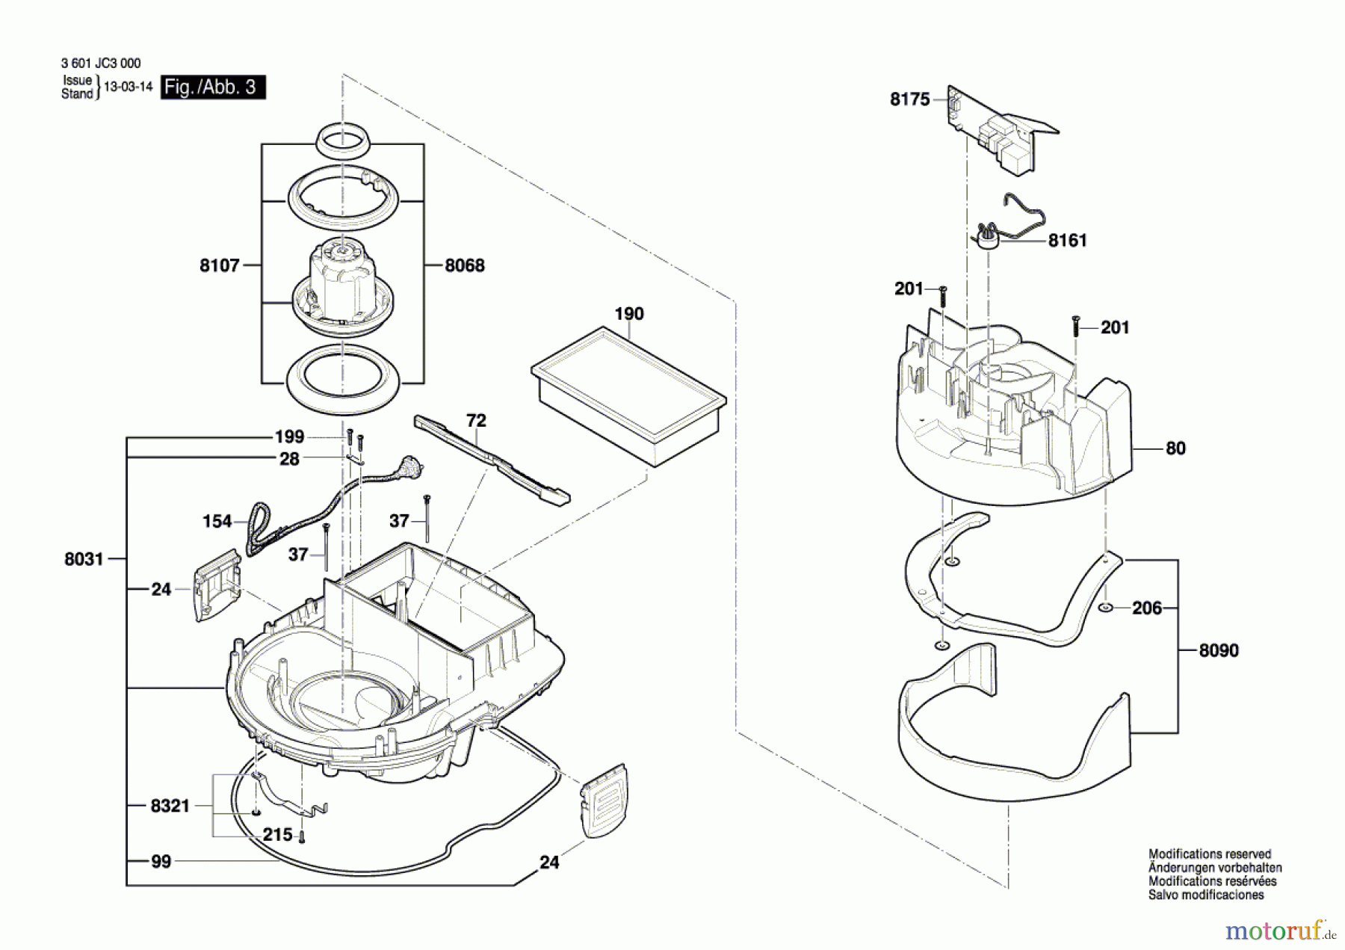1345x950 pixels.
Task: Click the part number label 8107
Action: [219, 265]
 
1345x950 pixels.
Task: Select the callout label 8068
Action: [465, 265]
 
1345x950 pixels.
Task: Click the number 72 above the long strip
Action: [476, 421]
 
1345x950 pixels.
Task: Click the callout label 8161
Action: [1067, 241]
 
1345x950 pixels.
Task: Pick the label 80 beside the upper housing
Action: [1175, 448]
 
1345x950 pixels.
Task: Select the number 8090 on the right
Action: [1219, 651]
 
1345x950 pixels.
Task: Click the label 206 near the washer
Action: [1147, 608]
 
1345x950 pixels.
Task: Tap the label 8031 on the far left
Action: [84, 559]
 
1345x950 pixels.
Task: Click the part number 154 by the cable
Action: [217, 522]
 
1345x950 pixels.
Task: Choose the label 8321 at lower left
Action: [170, 806]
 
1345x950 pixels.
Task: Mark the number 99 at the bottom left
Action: [161, 862]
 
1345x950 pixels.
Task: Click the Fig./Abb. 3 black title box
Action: [213, 87]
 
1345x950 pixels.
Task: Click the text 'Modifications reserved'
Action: [1209, 854]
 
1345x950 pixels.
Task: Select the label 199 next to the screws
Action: [289, 437]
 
